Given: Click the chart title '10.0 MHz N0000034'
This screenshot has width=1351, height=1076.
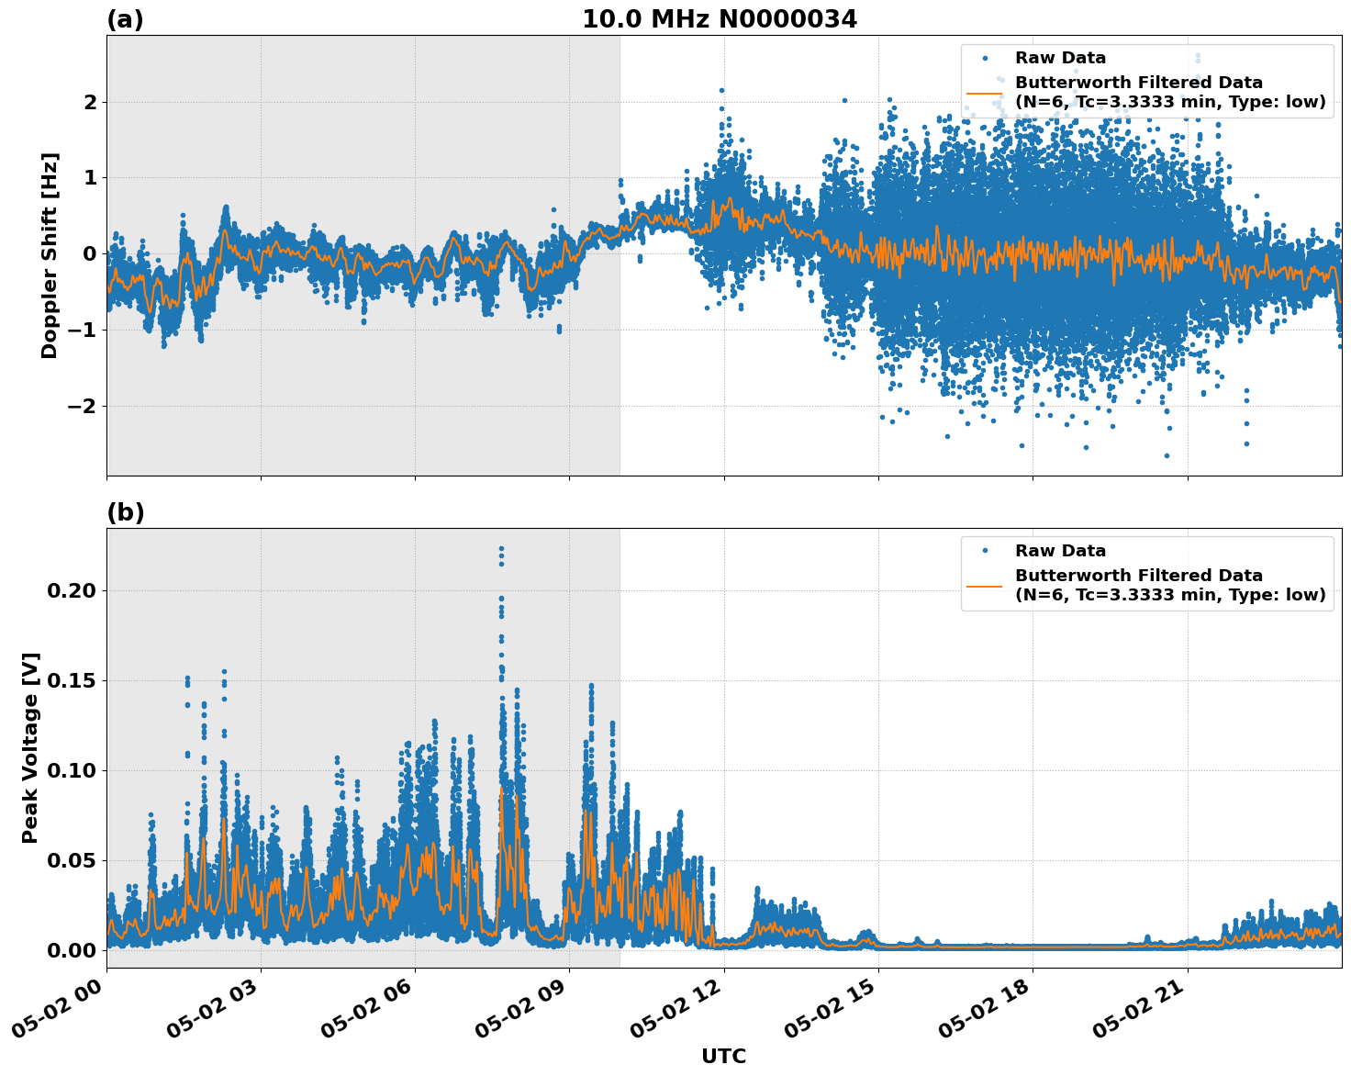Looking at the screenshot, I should [x=720, y=19].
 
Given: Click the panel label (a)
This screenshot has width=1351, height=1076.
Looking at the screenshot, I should [x=125, y=19].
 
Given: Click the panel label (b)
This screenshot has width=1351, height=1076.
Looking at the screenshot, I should [x=125, y=512].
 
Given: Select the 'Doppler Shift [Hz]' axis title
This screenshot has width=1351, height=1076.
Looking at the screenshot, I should [x=50, y=255].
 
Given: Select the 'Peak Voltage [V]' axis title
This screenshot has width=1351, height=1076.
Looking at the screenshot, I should [x=30, y=748].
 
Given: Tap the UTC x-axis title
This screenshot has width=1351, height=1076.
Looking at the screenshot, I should [x=723, y=1056].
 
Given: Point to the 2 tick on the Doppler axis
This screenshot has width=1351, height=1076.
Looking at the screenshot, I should [x=90, y=102].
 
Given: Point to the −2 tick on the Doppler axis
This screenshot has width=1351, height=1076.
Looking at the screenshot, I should [x=84, y=407].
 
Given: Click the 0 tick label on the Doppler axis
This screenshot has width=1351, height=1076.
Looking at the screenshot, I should [x=90, y=254].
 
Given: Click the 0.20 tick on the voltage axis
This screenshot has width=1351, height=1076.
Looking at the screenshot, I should [x=71, y=590].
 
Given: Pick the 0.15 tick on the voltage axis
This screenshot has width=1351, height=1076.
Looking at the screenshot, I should [x=71, y=680].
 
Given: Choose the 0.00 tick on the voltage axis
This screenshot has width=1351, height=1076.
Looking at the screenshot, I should [x=71, y=950].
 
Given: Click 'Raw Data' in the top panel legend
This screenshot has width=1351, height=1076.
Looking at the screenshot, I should [x=1060, y=59].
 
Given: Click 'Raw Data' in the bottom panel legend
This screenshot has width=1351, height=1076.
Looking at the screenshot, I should [x=1060, y=552].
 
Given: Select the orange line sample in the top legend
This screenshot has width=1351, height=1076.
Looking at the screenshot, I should [x=985, y=93].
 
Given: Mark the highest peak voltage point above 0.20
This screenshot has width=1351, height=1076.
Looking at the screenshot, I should [x=501, y=549].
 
